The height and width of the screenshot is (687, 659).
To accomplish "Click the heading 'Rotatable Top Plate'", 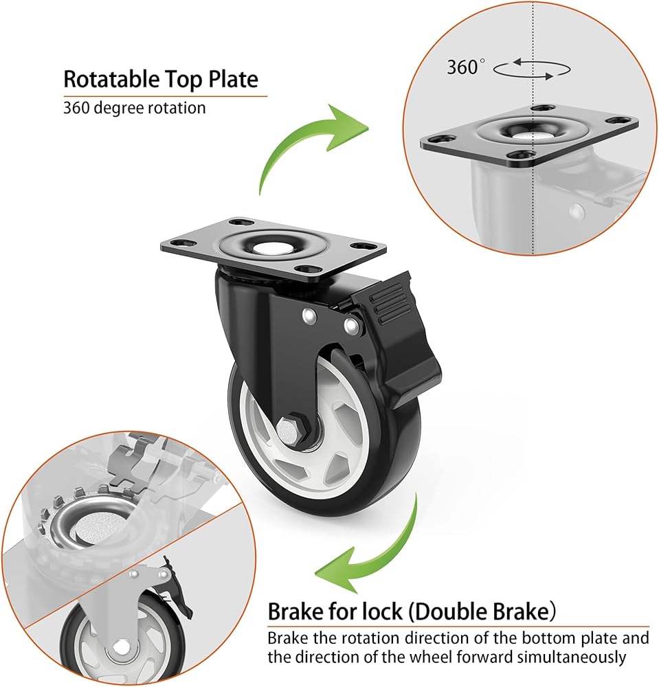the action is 161,79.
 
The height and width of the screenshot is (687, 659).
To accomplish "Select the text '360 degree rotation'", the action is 134,108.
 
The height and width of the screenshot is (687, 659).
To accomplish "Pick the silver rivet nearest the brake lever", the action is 353,324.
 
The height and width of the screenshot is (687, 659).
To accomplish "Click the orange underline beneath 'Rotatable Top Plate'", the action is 165,96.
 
